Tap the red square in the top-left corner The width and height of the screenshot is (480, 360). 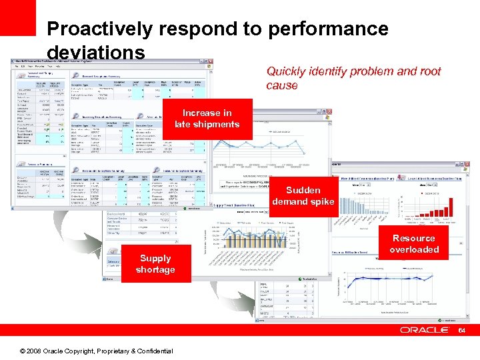pos(17,17)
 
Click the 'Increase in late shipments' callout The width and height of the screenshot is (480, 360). pos(207,119)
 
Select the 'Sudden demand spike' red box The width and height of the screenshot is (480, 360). pos(303,195)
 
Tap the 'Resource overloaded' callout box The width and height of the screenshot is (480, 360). pos(414,244)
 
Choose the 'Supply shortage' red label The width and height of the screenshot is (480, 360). pos(155,264)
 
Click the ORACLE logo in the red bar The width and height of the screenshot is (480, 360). pos(425,330)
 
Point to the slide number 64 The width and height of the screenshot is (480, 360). pos(461,330)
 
